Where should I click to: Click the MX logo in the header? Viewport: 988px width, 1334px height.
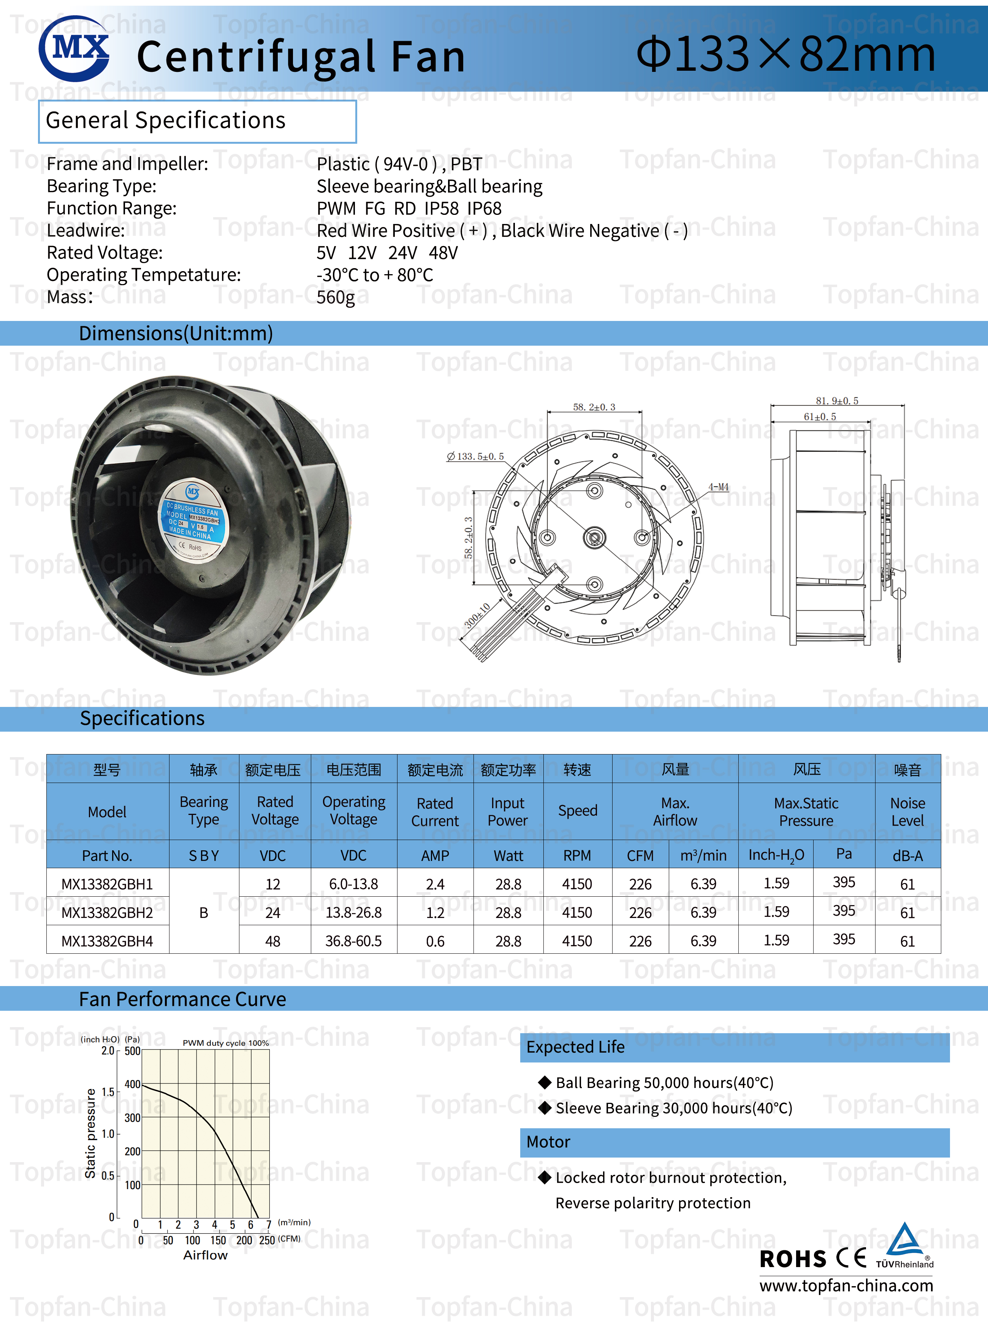(x=74, y=48)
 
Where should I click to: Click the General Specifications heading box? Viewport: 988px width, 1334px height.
(x=197, y=121)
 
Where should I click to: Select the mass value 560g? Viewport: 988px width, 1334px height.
(x=336, y=297)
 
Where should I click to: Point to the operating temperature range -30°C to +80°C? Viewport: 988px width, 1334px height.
(x=375, y=275)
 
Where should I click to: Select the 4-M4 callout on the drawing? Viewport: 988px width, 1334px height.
(x=718, y=487)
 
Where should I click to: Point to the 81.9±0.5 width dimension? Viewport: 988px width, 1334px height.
(x=837, y=400)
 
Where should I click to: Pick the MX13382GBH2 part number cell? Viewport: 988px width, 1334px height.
(x=107, y=912)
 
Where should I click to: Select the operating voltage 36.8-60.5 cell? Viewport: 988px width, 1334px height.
(x=353, y=941)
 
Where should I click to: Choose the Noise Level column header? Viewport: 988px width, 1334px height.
(x=907, y=812)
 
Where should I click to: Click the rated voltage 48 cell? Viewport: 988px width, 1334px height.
(x=273, y=941)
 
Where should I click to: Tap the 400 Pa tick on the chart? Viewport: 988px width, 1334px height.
(x=132, y=1084)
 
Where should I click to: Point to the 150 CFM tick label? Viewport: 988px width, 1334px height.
(x=218, y=1240)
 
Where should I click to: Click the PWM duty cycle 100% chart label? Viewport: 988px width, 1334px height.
(x=225, y=1043)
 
